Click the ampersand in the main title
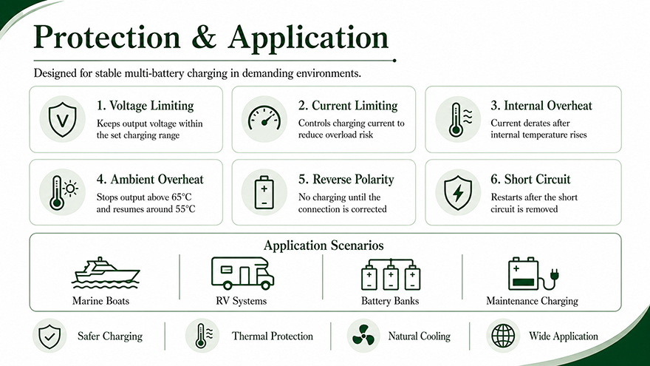coord(204,37)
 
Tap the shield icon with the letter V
coord(62,120)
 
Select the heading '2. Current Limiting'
coord(348,106)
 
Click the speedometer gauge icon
coord(264,118)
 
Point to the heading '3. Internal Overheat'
coord(541,106)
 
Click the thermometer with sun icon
coord(63,192)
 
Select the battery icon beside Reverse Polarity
coord(264,192)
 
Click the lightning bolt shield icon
coord(458,192)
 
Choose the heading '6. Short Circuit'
coord(530,179)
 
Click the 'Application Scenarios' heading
coord(324,245)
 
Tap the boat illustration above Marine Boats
coord(106,273)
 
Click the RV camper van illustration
coord(242,273)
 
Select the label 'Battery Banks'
coord(390,301)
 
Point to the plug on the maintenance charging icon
coord(554,275)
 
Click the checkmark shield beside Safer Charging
coord(49,336)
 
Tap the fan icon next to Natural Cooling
coord(363,335)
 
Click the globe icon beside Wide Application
coord(503,336)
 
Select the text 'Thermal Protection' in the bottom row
coord(273,336)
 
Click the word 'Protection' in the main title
coord(106,37)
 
